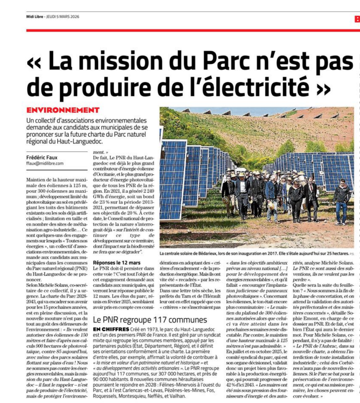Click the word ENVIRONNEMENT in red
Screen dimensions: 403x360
click(63, 110)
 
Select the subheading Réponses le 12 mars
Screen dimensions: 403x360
click(116, 262)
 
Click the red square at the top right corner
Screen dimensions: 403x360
click(357, 18)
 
